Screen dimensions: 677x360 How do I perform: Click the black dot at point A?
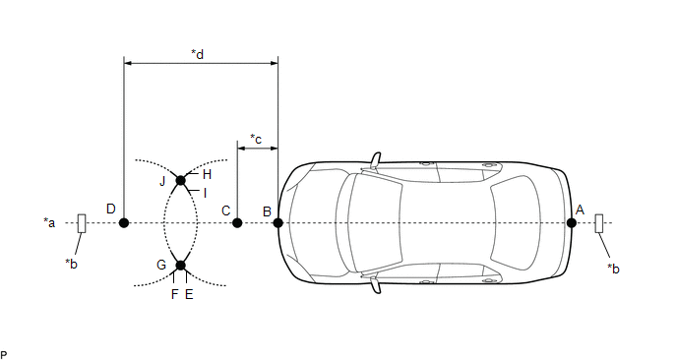coord(571,222)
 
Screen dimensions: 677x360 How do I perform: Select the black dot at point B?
coord(278,222)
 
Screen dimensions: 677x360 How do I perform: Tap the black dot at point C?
coord(237,222)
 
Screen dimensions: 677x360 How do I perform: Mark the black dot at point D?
coord(124,222)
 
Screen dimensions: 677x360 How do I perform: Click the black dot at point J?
coord(181,180)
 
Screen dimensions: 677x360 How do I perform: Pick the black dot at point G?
coord(181,265)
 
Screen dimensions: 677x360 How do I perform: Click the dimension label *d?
coord(198,54)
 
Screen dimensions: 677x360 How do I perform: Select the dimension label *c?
coord(256,139)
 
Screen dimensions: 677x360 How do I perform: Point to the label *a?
coord(49,222)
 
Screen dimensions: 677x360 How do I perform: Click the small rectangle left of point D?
coord(82,223)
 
